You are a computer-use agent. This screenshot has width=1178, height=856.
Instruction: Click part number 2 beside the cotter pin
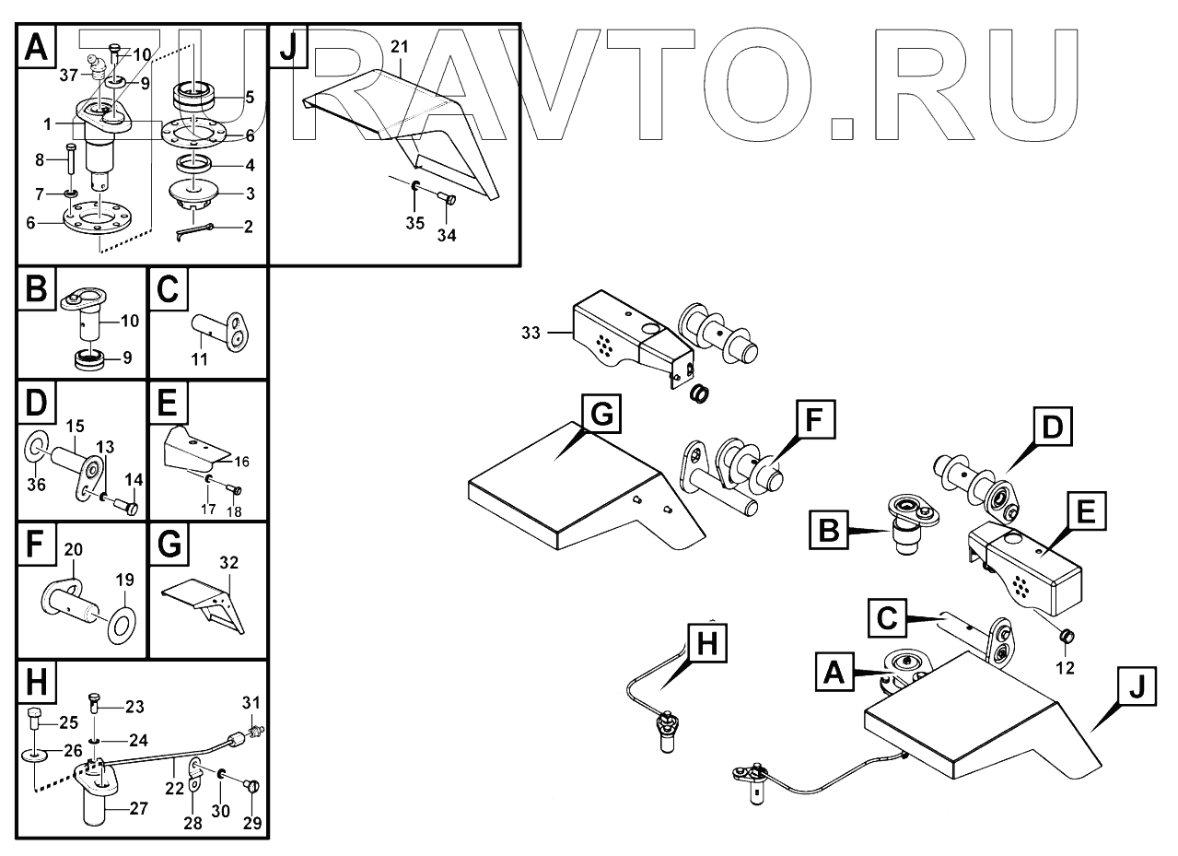click(x=248, y=226)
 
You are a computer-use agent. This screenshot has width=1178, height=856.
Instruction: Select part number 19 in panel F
click(x=124, y=580)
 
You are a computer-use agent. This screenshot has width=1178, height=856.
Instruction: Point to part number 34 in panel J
click(x=446, y=236)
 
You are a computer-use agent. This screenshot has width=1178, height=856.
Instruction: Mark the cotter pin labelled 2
click(x=195, y=232)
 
